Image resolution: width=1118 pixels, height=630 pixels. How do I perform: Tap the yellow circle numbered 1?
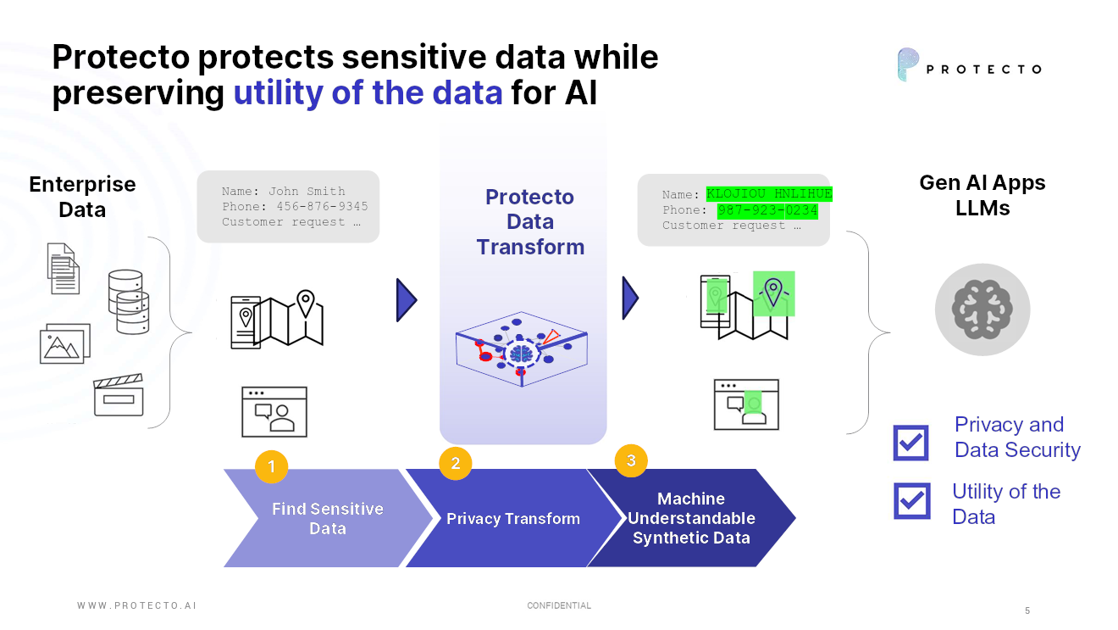(x=271, y=466)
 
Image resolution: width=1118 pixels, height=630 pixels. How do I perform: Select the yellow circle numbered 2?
(x=456, y=463)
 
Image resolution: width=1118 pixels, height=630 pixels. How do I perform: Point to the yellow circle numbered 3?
(x=631, y=460)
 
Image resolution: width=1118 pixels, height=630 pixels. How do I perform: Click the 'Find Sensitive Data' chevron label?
(x=327, y=518)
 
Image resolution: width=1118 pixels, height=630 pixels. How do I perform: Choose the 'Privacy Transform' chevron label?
(x=513, y=519)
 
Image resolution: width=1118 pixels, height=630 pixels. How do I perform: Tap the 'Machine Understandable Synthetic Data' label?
(x=691, y=518)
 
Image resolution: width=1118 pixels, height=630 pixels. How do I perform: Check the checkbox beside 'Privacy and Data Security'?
(x=911, y=442)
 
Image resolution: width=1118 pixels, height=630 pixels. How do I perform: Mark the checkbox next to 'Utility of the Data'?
(x=911, y=500)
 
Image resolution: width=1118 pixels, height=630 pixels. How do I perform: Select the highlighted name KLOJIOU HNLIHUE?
(x=769, y=194)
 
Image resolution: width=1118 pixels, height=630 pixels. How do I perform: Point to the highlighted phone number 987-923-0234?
(x=767, y=210)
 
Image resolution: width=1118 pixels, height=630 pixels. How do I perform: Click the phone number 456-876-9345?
(x=322, y=207)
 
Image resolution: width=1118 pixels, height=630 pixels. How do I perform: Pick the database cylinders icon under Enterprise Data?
(x=128, y=301)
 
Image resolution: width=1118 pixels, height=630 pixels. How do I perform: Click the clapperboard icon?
(x=119, y=395)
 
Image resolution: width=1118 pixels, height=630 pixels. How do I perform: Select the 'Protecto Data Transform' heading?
(x=530, y=222)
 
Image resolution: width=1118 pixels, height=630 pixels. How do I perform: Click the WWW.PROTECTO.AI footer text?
(x=136, y=605)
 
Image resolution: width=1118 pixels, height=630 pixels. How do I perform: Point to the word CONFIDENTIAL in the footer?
(x=559, y=605)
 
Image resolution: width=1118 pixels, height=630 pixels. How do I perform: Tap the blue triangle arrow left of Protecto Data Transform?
(x=406, y=300)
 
